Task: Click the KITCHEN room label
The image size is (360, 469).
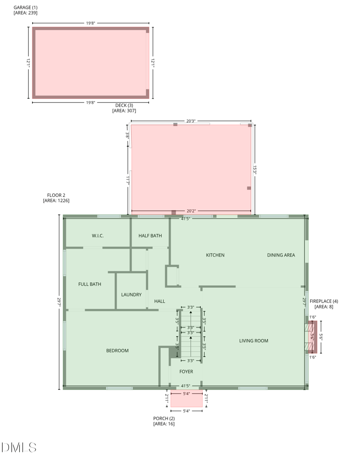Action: [215, 255]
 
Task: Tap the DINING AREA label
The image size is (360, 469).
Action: [281, 255]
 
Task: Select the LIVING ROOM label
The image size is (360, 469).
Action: [253, 341]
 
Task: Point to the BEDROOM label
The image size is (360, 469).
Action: [117, 351]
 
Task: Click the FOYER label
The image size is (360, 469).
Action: [186, 372]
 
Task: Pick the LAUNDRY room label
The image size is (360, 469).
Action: [131, 295]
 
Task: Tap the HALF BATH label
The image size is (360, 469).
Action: [150, 236]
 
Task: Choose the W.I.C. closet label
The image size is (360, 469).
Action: [98, 236]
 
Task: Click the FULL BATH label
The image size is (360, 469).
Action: [90, 284]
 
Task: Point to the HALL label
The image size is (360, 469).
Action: [160, 301]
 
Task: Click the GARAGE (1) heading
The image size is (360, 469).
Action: [26, 8]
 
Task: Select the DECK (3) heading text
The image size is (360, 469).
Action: [124, 106]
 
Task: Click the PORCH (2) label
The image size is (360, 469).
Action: [164, 418]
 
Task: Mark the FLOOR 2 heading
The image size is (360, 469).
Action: [56, 195]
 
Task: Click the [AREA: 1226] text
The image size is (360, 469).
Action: [56, 201]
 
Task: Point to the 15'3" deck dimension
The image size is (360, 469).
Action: [255, 169]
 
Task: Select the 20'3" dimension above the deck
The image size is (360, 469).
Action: [191, 121]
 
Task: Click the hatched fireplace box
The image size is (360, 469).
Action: [313, 336]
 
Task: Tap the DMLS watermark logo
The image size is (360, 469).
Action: [19, 447]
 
